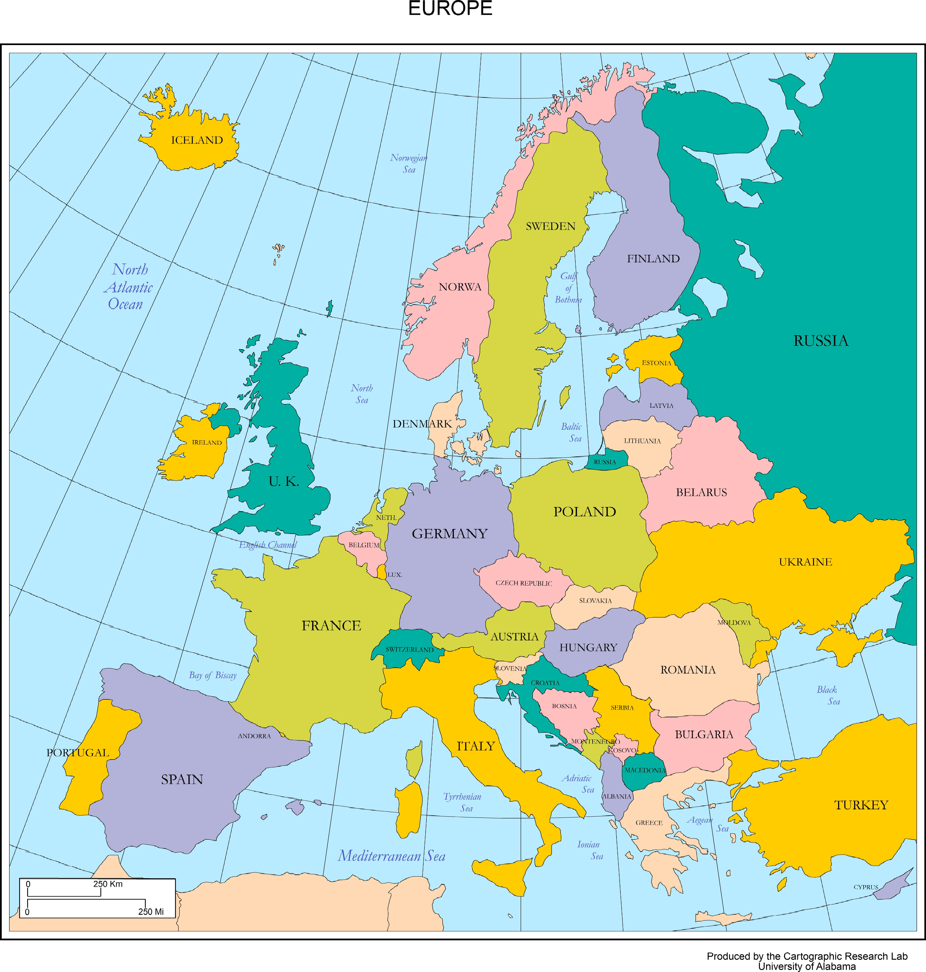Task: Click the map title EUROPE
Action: coord(450,8)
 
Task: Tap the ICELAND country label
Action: coord(197,140)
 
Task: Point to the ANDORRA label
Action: coord(254,736)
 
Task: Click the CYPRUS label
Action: coord(866,887)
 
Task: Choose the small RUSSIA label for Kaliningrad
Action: coord(605,462)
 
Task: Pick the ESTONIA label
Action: coord(656,363)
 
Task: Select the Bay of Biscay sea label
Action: coord(213,675)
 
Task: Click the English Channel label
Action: coord(268,545)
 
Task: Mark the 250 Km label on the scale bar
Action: coord(108,884)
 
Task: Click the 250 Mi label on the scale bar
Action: coord(151,912)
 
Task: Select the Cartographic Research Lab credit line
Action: coord(807,956)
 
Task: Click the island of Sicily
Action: coord(501,874)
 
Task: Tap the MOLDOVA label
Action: coord(734,623)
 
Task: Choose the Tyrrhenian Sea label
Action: coord(463,802)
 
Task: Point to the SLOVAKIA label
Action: coord(595,601)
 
